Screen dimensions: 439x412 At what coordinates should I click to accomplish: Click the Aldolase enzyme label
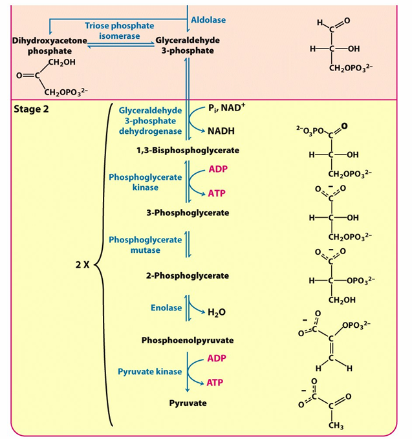point(208,20)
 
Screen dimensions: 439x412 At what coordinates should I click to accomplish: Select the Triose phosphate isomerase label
point(119,31)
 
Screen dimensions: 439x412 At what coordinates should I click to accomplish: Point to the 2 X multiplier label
point(82,266)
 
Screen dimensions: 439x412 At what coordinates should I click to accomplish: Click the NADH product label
point(221,131)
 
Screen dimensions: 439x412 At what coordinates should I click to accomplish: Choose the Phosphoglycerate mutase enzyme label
point(145,244)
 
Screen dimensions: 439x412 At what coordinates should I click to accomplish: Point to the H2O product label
point(217,313)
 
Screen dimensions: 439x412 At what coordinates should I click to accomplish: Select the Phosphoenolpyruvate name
point(188,339)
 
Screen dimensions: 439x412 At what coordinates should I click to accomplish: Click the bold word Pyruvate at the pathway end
point(188,403)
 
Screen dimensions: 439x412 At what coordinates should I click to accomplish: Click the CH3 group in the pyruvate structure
point(336,425)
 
